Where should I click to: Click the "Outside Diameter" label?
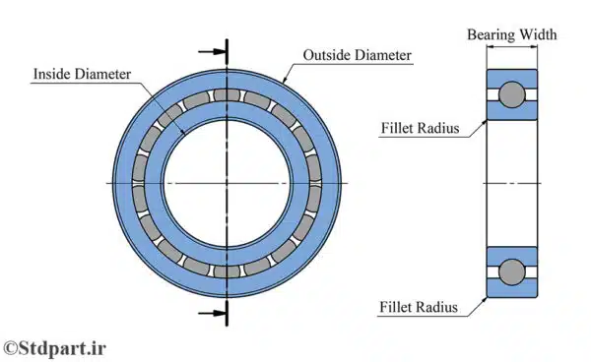coord(356,54)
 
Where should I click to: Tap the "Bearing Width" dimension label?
coord(511,35)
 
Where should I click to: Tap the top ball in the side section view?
coord(511,94)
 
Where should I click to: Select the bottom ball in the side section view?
coord(511,271)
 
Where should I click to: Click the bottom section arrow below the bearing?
coord(211,314)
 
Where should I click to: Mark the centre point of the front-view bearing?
coord(228,184)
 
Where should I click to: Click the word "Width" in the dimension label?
coord(537,35)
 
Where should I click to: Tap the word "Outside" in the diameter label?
coord(329,54)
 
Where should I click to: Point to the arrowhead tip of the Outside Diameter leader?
coord(285,82)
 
